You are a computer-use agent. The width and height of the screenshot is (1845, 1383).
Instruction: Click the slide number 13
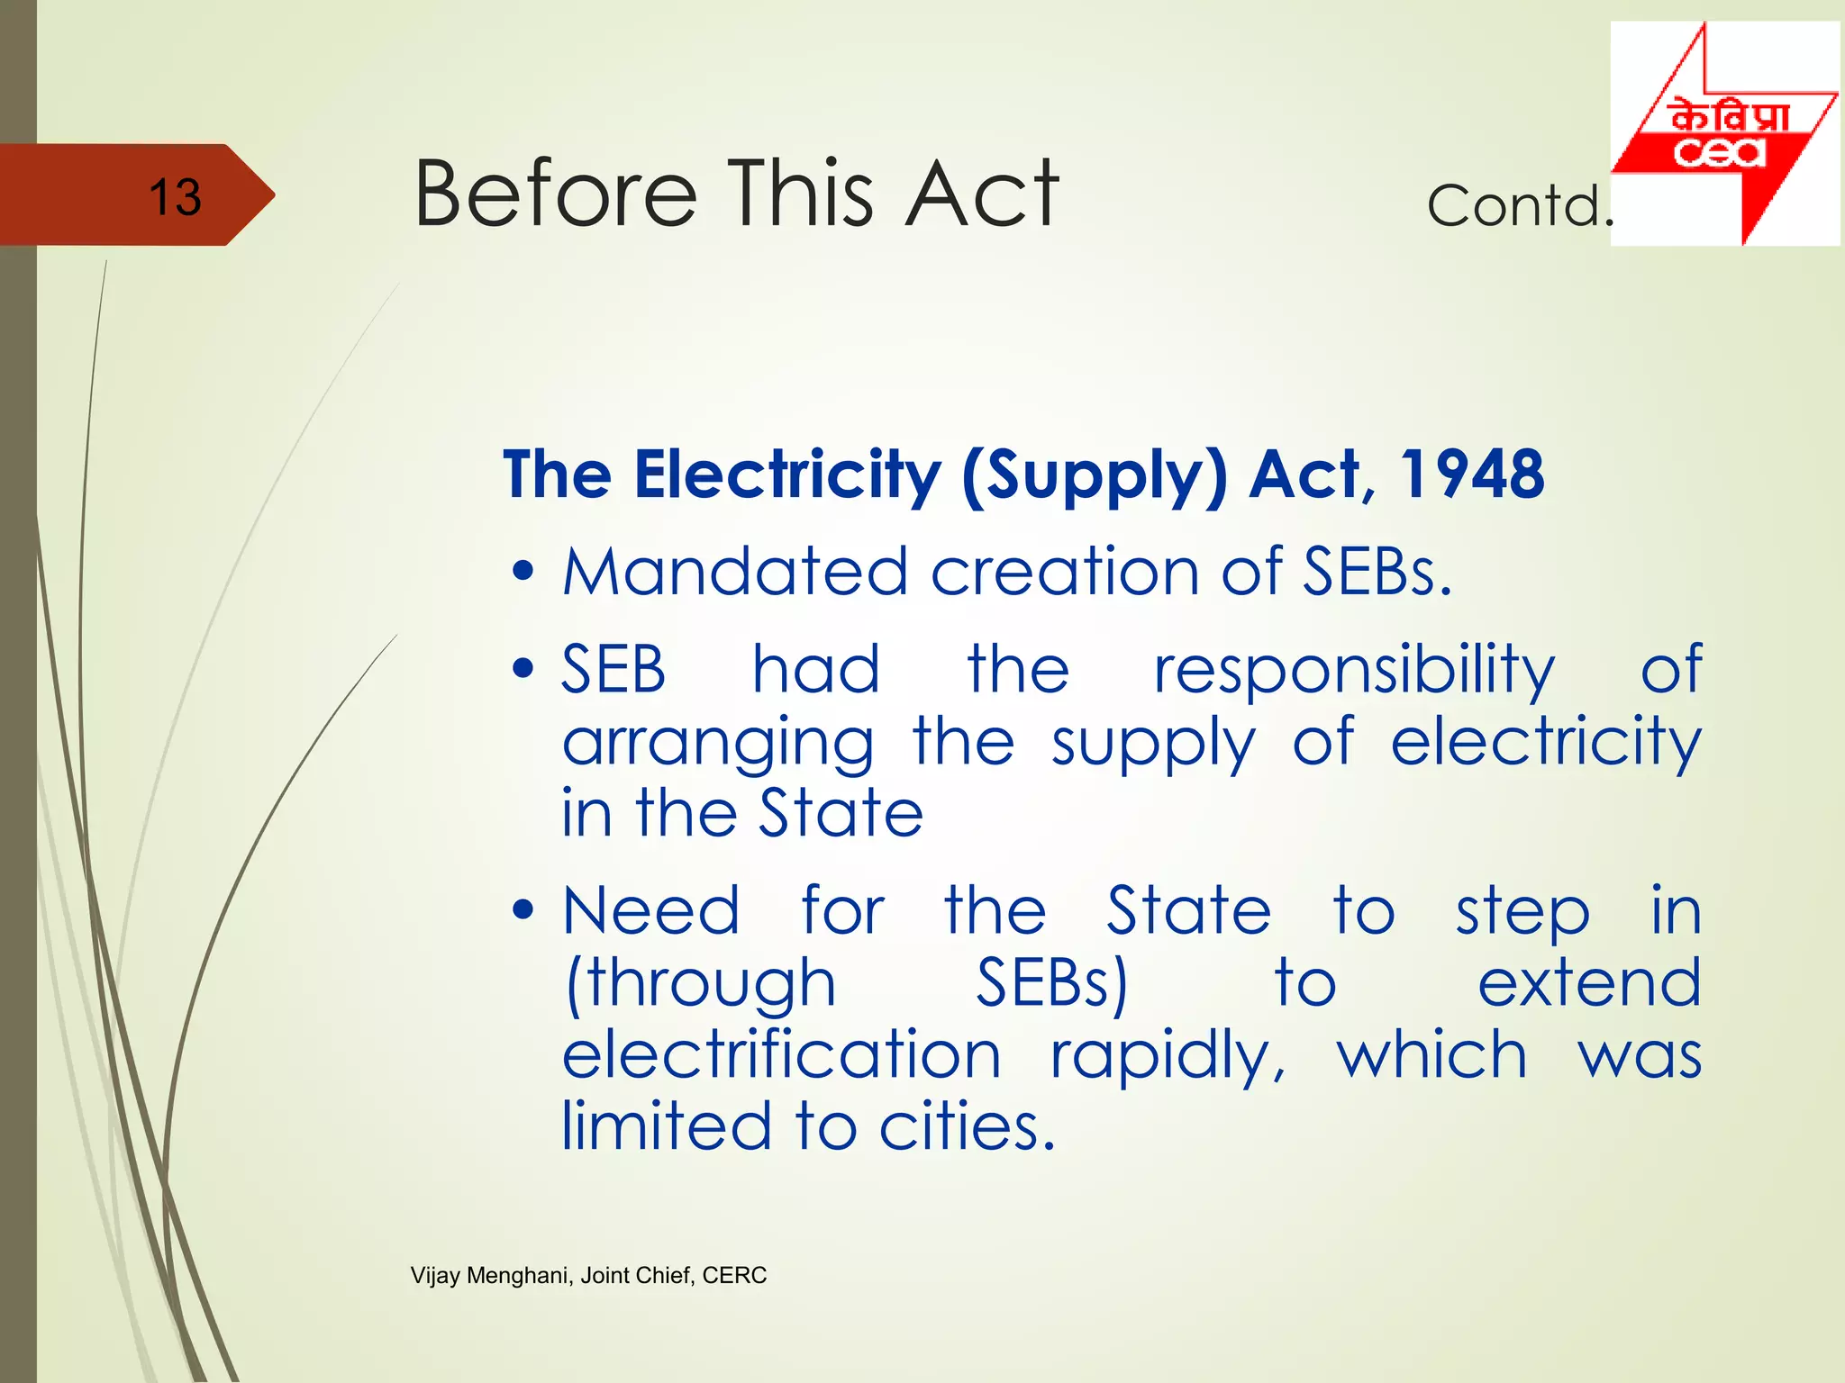175,196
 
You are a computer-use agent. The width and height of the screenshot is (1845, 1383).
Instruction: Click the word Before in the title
555,193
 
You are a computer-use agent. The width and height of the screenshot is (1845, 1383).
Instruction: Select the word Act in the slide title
982,193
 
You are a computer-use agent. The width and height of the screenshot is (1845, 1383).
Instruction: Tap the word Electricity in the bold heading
787,475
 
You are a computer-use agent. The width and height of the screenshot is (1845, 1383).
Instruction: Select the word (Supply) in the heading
1094,476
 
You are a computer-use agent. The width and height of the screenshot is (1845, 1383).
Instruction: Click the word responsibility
1354,672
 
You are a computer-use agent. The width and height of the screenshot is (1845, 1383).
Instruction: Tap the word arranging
718,745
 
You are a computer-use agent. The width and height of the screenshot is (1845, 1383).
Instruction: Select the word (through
700,983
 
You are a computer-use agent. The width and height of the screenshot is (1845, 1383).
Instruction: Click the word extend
1589,982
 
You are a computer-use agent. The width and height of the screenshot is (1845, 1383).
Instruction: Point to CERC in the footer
734,1275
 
